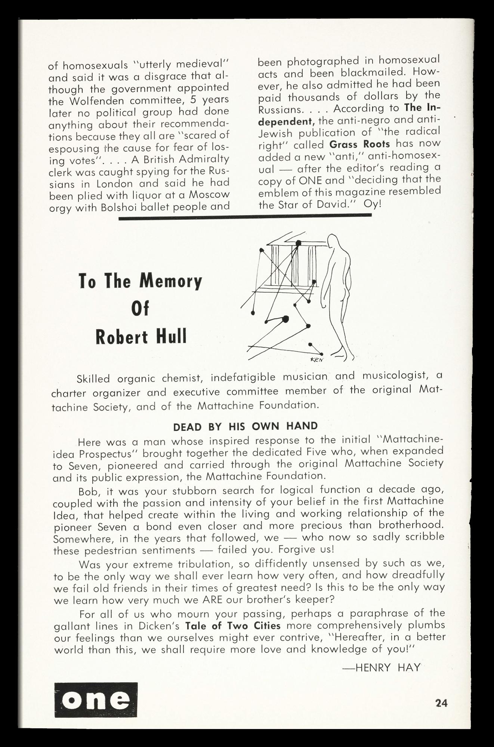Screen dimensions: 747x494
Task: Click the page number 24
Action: point(441,703)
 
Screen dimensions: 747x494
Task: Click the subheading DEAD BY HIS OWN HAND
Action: point(246,426)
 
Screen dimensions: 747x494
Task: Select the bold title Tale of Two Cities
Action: point(233,626)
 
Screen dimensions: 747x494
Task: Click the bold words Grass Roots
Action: point(360,144)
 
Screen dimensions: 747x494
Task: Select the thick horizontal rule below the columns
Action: point(245,216)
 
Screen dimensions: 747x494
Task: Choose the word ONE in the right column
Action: point(310,180)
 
